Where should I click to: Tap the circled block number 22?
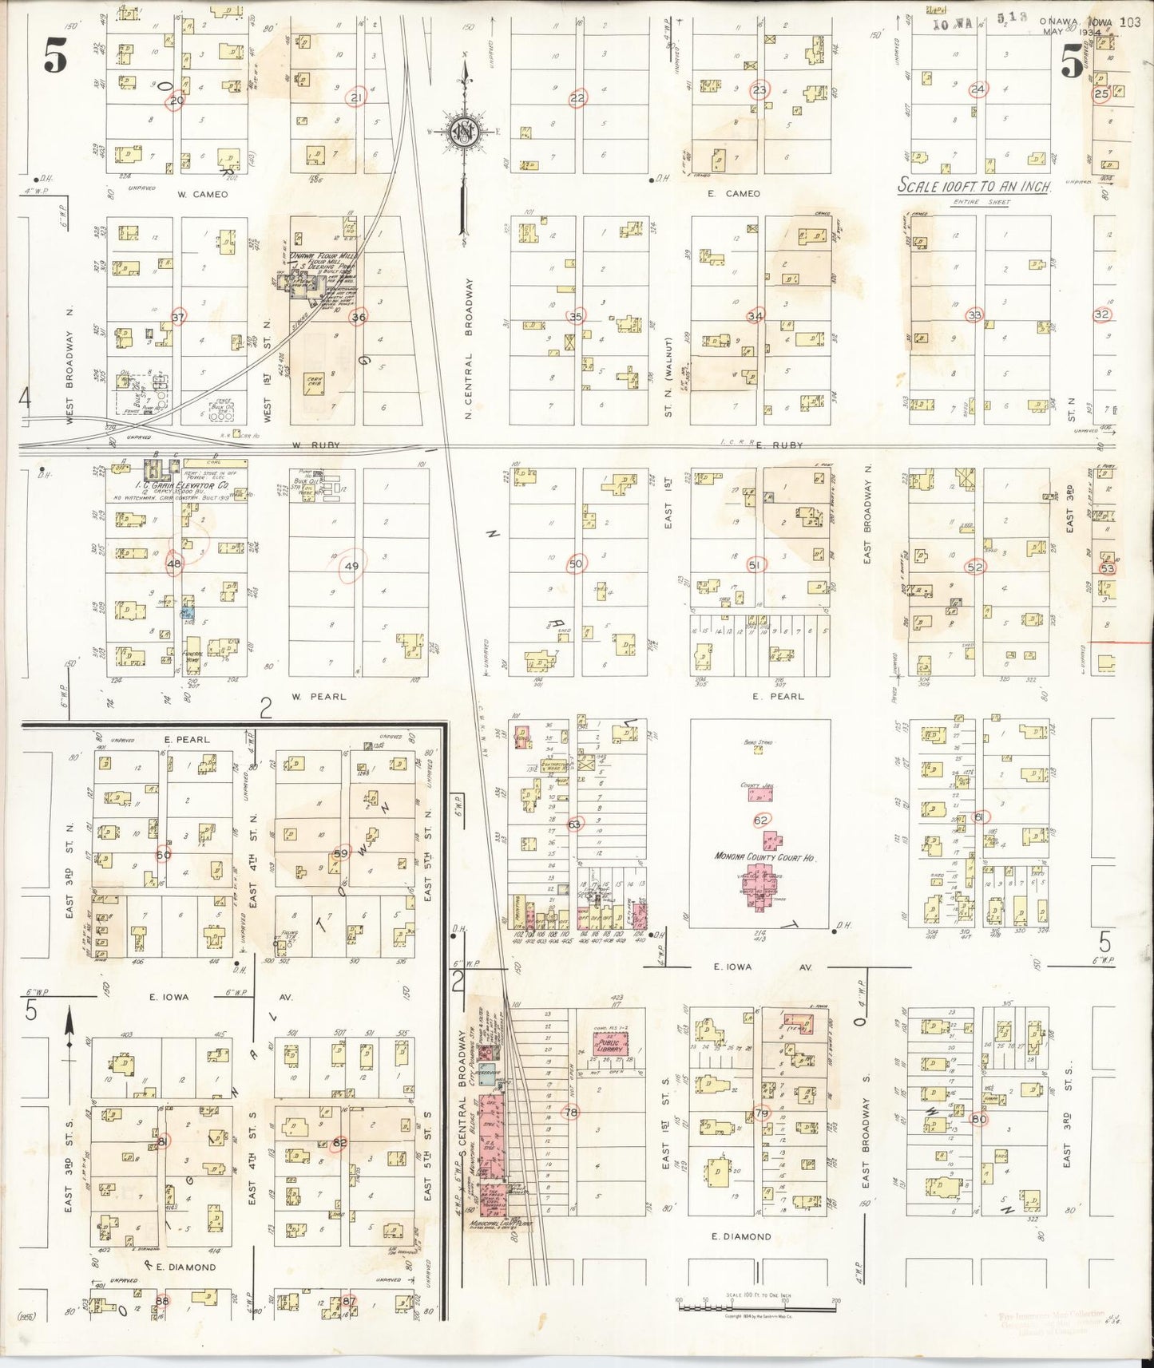577,98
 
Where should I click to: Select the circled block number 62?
760,820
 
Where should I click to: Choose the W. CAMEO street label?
203,194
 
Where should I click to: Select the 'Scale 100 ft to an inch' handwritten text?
974,186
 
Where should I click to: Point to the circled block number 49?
351,566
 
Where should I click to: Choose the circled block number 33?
974,314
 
